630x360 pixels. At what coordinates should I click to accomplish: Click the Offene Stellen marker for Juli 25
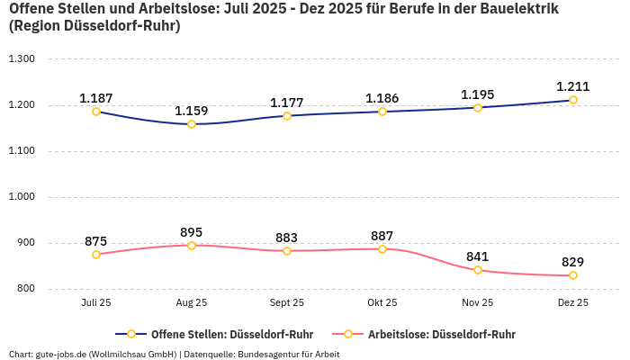(96, 112)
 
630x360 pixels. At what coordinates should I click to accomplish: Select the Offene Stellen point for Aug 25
(192, 124)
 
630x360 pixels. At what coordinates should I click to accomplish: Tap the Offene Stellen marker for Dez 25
(573, 100)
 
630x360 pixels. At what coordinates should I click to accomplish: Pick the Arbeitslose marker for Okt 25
(382, 249)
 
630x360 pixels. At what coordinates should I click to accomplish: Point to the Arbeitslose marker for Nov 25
(478, 270)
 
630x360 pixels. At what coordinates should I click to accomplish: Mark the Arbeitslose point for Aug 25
(192, 246)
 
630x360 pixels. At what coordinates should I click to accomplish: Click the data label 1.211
(573, 86)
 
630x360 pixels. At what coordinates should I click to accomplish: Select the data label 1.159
(192, 111)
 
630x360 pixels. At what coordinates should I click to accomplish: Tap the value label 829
(573, 262)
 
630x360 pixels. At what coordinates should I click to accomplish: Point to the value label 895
(192, 232)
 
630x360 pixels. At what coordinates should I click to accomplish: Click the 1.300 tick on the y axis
(21, 59)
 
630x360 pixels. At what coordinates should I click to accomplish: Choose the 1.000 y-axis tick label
(21, 197)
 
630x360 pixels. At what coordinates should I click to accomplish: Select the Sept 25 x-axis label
(287, 303)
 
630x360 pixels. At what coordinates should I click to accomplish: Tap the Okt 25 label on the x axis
(382, 303)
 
